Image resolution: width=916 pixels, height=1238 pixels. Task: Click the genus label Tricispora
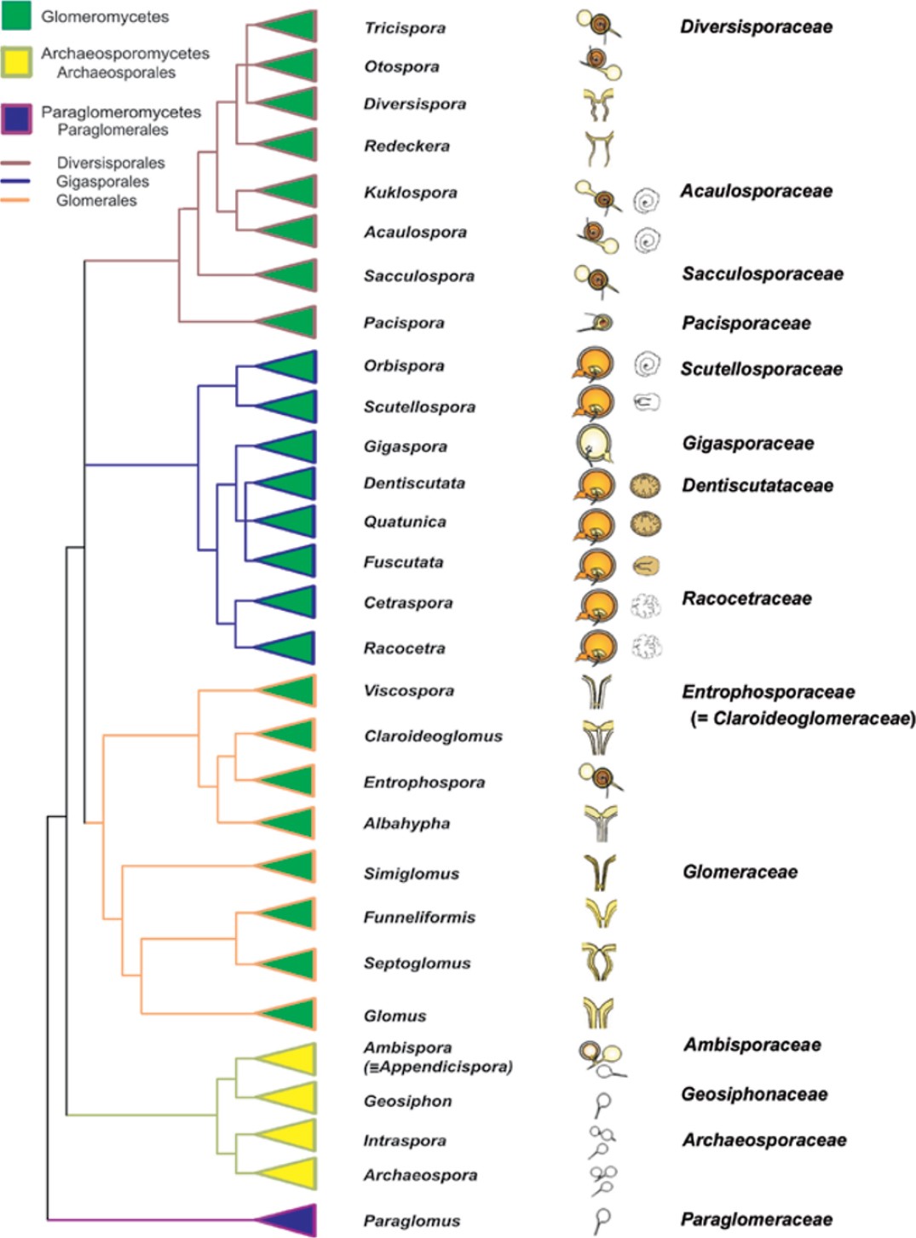click(x=405, y=28)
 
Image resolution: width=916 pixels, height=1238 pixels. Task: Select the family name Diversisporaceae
click(x=756, y=27)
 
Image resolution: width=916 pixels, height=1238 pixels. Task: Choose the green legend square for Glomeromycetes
click(x=17, y=15)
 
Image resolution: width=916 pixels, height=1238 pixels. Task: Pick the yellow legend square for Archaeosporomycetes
click(x=17, y=61)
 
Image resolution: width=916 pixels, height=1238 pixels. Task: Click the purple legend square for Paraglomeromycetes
click(x=17, y=119)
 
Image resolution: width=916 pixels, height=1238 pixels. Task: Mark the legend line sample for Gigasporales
click(x=16, y=181)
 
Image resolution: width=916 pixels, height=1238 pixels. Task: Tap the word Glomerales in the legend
click(x=96, y=201)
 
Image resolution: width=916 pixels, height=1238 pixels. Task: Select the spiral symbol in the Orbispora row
click(x=647, y=365)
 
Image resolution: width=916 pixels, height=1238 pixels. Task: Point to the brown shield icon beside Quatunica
click(x=645, y=523)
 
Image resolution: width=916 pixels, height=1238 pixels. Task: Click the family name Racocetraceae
click(x=746, y=598)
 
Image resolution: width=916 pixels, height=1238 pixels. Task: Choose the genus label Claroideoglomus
click(x=433, y=736)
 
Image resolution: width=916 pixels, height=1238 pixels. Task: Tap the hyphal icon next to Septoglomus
click(x=598, y=961)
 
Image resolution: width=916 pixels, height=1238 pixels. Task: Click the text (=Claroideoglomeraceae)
click(x=803, y=718)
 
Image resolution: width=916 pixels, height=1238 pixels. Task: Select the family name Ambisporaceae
click(x=752, y=1045)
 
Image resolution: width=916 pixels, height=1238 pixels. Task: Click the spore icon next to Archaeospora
click(x=603, y=1178)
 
